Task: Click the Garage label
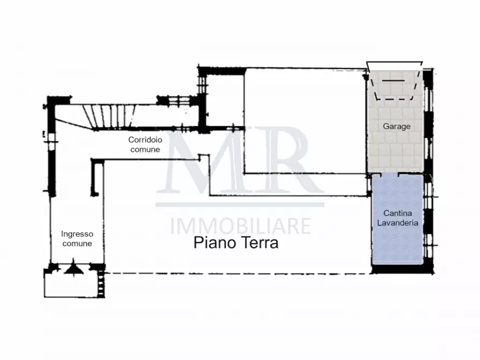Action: (x=397, y=127)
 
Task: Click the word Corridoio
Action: (x=145, y=140)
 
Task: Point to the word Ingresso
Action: (x=77, y=234)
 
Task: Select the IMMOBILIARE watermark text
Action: (x=240, y=226)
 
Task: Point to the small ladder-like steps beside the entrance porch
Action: (x=101, y=284)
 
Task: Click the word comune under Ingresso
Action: (x=77, y=243)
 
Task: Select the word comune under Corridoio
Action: (x=145, y=149)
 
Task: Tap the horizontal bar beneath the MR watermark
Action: (x=240, y=204)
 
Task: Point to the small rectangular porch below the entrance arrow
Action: (x=70, y=285)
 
